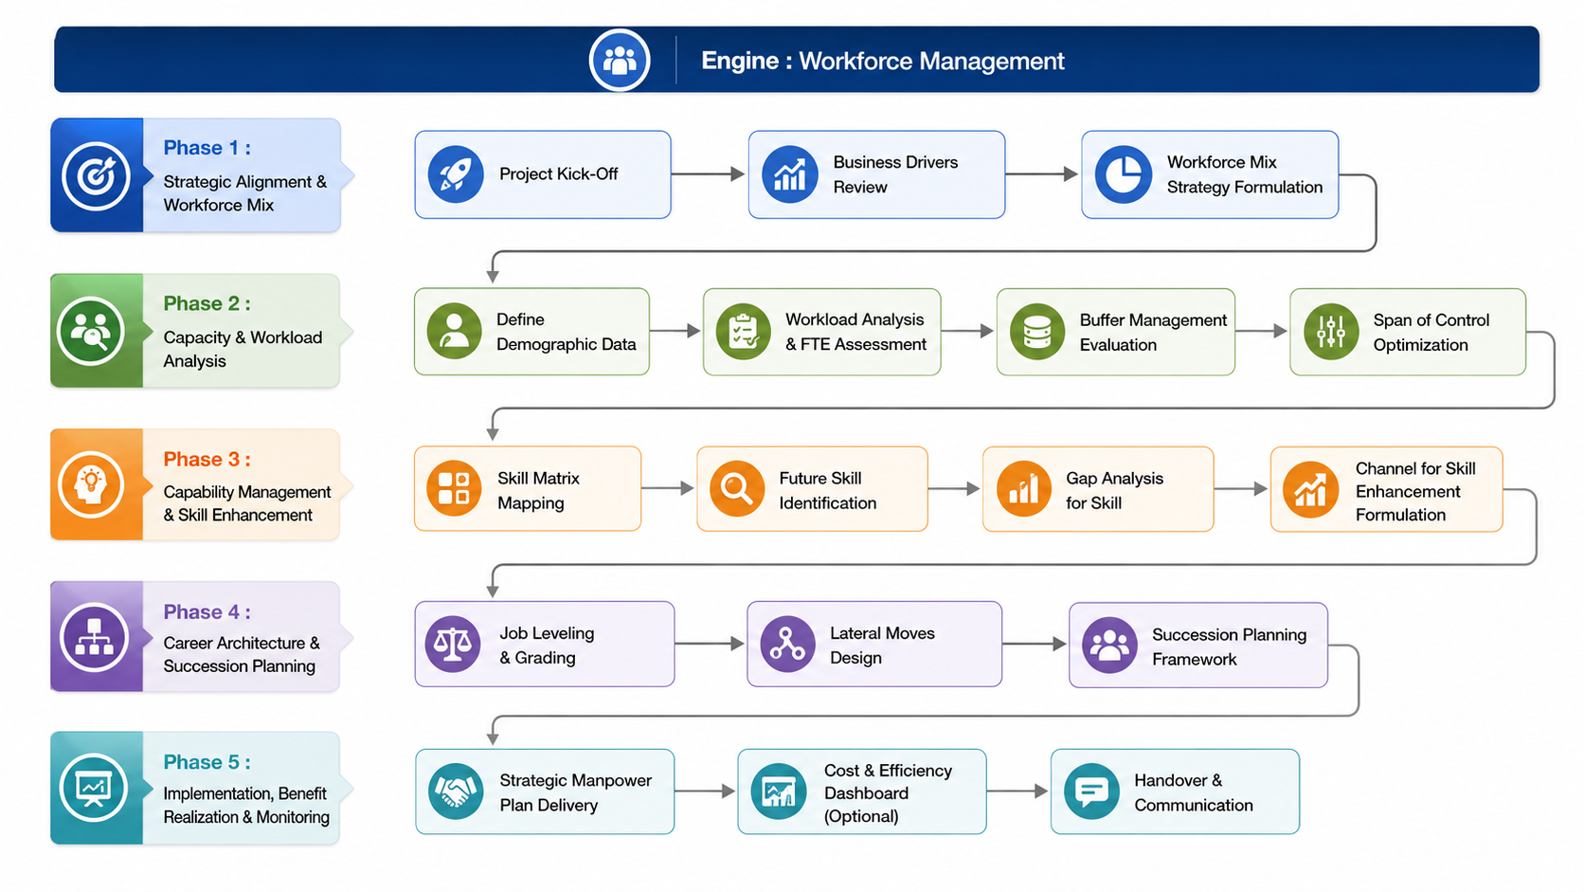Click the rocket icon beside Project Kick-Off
[x=456, y=174]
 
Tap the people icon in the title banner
[x=620, y=60]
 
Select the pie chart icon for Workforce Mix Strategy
[x=1123, y=174]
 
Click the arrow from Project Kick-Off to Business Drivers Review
[x=708, y=174]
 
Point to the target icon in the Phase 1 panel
[x=96, y=176]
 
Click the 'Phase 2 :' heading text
[x=207, y=303]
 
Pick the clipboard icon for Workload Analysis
[x=743, y=332]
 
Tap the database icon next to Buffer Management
[x=1037, y=332]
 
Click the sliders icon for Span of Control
[x=1331, y=332]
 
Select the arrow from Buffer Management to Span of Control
[x=1261, y=331]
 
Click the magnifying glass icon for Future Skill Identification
[x=736, y=489]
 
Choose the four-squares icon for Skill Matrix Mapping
[x=454, y=489]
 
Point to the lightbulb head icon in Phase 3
[x=91, y=485]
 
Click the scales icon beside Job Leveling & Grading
[x=453, y=645]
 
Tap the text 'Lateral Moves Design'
[x=883, y=646]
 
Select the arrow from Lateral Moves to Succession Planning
[x=1034, y=644]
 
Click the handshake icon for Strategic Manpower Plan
[x=456, y=792]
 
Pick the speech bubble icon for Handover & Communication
[x=1091, y=792]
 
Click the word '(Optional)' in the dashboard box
[x=861, y=816]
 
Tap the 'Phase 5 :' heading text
[x=207, y=762]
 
